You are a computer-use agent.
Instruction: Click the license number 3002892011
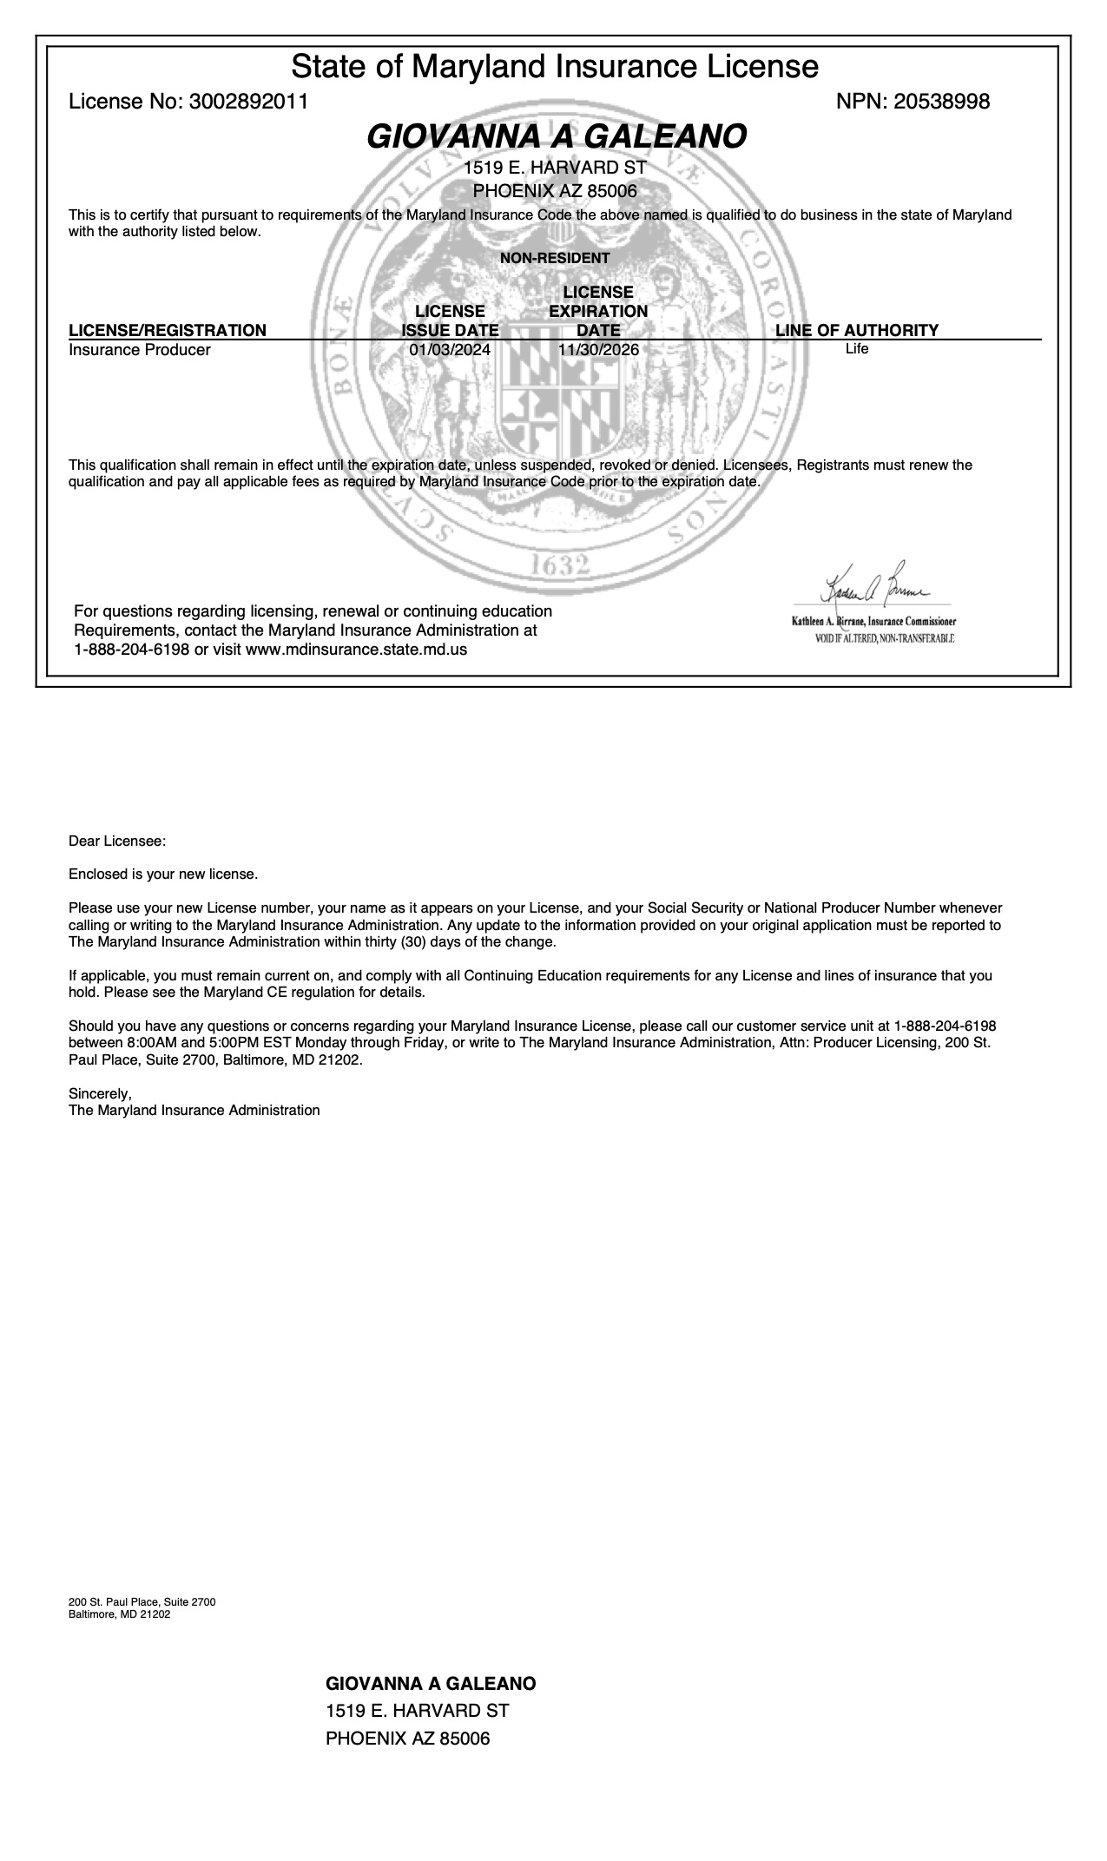[x=248, y=102]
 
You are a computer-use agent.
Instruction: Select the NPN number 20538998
[x=941, y=102]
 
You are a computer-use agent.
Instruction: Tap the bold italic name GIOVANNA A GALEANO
[x=556, y=136]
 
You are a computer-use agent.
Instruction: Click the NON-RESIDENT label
[x=555, y=258]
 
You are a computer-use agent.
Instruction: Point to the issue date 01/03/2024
[x=450, y=350]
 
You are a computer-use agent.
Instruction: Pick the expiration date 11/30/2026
[x=598, y=350]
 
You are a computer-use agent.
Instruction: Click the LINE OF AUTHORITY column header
[x=856, y=330]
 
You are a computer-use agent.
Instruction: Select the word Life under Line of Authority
[x=856, y=349]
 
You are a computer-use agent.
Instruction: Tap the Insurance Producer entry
[x=140, y=350]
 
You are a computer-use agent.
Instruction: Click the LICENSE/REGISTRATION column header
[x=168, y=330]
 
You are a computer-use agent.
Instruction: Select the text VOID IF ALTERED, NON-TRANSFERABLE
[x=884, y=638]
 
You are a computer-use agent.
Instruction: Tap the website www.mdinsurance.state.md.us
[x=356, y=649]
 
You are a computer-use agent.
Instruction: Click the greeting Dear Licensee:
[x=117, y=841]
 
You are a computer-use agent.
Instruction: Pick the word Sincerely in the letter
[x=100, y=1094]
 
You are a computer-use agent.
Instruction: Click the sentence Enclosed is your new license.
[x=163, y=874]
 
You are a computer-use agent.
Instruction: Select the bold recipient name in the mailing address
[x=431, y=1683]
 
